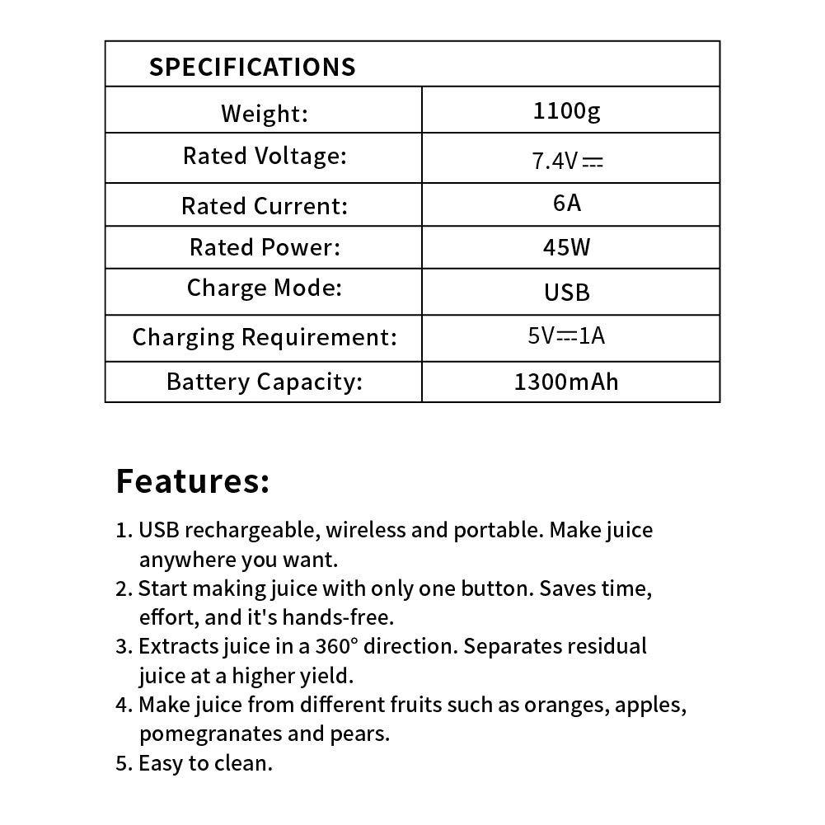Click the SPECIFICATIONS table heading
251,67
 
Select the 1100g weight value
567,110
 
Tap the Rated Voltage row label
265,156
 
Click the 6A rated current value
567,203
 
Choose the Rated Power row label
265,246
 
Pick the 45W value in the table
567,247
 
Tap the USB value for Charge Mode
567,293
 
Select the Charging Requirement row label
265,337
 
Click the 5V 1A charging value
567,335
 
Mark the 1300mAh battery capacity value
566,382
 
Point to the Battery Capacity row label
265,382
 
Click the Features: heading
193,480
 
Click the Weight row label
265,112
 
